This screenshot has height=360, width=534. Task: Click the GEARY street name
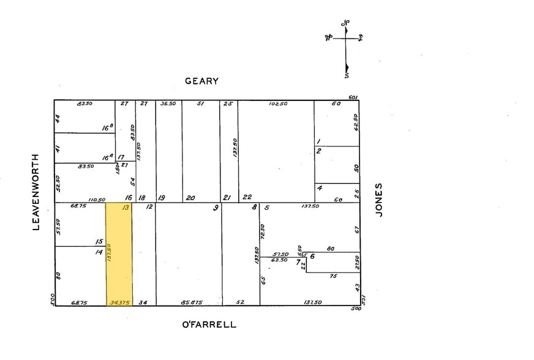tap(202, 81)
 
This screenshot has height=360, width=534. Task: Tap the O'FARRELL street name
tap(209, 324)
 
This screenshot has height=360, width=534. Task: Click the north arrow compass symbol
tap(345, 48)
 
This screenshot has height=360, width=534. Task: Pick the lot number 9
tap(216, 208)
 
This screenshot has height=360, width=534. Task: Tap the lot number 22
tap(247, 197)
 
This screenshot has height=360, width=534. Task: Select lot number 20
tap(190, 198)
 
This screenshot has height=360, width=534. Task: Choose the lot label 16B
tap(108, 128)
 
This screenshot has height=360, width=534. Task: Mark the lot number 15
tap(99, 242)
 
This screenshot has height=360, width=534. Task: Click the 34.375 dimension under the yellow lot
tap(119, 302)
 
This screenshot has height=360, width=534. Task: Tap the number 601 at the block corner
tap(353, 97)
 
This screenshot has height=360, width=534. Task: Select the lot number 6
tap(312, 256)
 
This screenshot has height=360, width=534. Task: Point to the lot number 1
tap(318, 141)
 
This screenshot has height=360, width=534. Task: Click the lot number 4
tap(320, 187)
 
